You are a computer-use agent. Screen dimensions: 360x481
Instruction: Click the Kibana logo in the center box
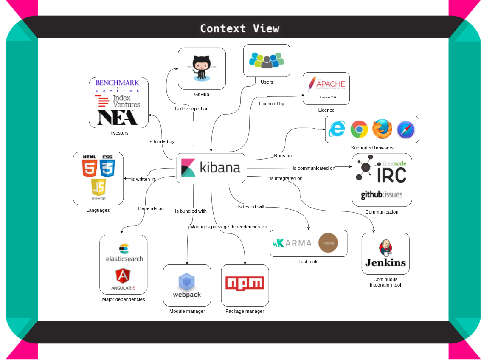188,168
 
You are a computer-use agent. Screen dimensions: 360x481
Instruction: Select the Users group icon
266,60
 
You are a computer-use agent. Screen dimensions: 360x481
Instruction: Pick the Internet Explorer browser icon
337,129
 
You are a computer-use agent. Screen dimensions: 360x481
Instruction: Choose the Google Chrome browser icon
359,129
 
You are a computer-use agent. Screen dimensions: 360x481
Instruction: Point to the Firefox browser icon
382,129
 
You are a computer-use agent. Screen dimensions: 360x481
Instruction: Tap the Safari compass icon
405,129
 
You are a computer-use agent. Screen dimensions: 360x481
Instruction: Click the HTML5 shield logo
90,166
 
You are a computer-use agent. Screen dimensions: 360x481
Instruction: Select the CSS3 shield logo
107,166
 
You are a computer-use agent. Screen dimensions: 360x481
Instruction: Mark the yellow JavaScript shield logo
98,188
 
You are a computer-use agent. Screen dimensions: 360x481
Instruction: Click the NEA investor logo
117,118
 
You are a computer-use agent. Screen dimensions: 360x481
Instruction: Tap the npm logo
245,284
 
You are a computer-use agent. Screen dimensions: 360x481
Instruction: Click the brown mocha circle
328,243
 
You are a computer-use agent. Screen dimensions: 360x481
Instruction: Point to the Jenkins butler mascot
385,248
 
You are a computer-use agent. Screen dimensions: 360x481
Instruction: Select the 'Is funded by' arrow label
161,141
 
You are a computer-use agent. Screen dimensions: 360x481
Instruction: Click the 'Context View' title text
240,28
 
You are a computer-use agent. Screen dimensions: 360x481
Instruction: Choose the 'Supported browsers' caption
372,148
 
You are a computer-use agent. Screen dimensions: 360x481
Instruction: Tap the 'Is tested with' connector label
251,207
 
